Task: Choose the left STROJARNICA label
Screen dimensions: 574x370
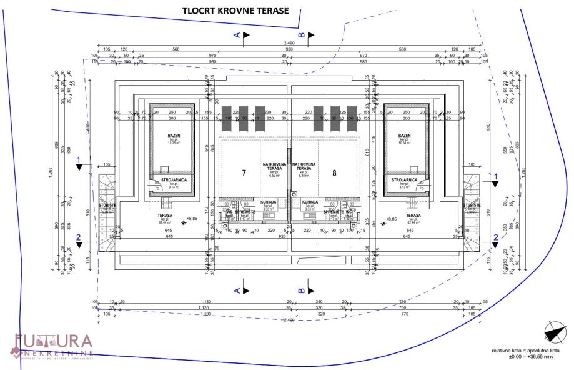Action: click(171, 181)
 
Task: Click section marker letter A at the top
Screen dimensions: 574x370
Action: click(237, 36)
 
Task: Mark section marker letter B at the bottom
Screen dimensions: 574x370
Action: click(302, 291)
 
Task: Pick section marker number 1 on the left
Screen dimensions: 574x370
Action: click(79, 160)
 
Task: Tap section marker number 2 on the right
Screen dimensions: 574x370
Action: click(495, 236)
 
